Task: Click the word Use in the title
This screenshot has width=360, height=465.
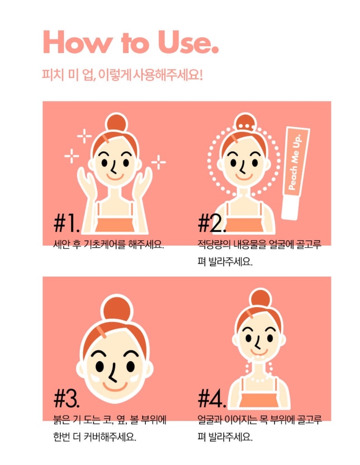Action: (x=188, y=42)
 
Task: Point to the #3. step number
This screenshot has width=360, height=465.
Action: (x=67, y=399)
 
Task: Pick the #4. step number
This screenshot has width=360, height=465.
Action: (x=212, y=399)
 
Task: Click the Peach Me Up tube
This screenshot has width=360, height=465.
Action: (x=295, y=173)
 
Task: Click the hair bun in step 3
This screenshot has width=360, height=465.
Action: (x=117, y=309)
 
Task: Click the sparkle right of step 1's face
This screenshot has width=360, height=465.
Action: (x=159, y=162)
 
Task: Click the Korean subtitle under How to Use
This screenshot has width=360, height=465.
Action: (x=122, y=74)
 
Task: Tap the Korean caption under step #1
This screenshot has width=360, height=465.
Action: (x=109, y=245)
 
